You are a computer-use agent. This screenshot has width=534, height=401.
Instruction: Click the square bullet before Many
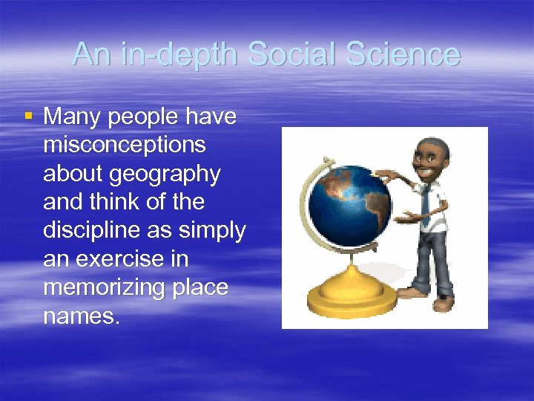28,116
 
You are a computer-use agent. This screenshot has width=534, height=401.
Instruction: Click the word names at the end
80,316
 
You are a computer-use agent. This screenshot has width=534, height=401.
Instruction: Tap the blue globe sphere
348,201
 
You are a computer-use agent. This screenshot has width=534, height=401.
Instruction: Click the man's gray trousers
430,260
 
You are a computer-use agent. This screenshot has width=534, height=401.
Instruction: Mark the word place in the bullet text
200,288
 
